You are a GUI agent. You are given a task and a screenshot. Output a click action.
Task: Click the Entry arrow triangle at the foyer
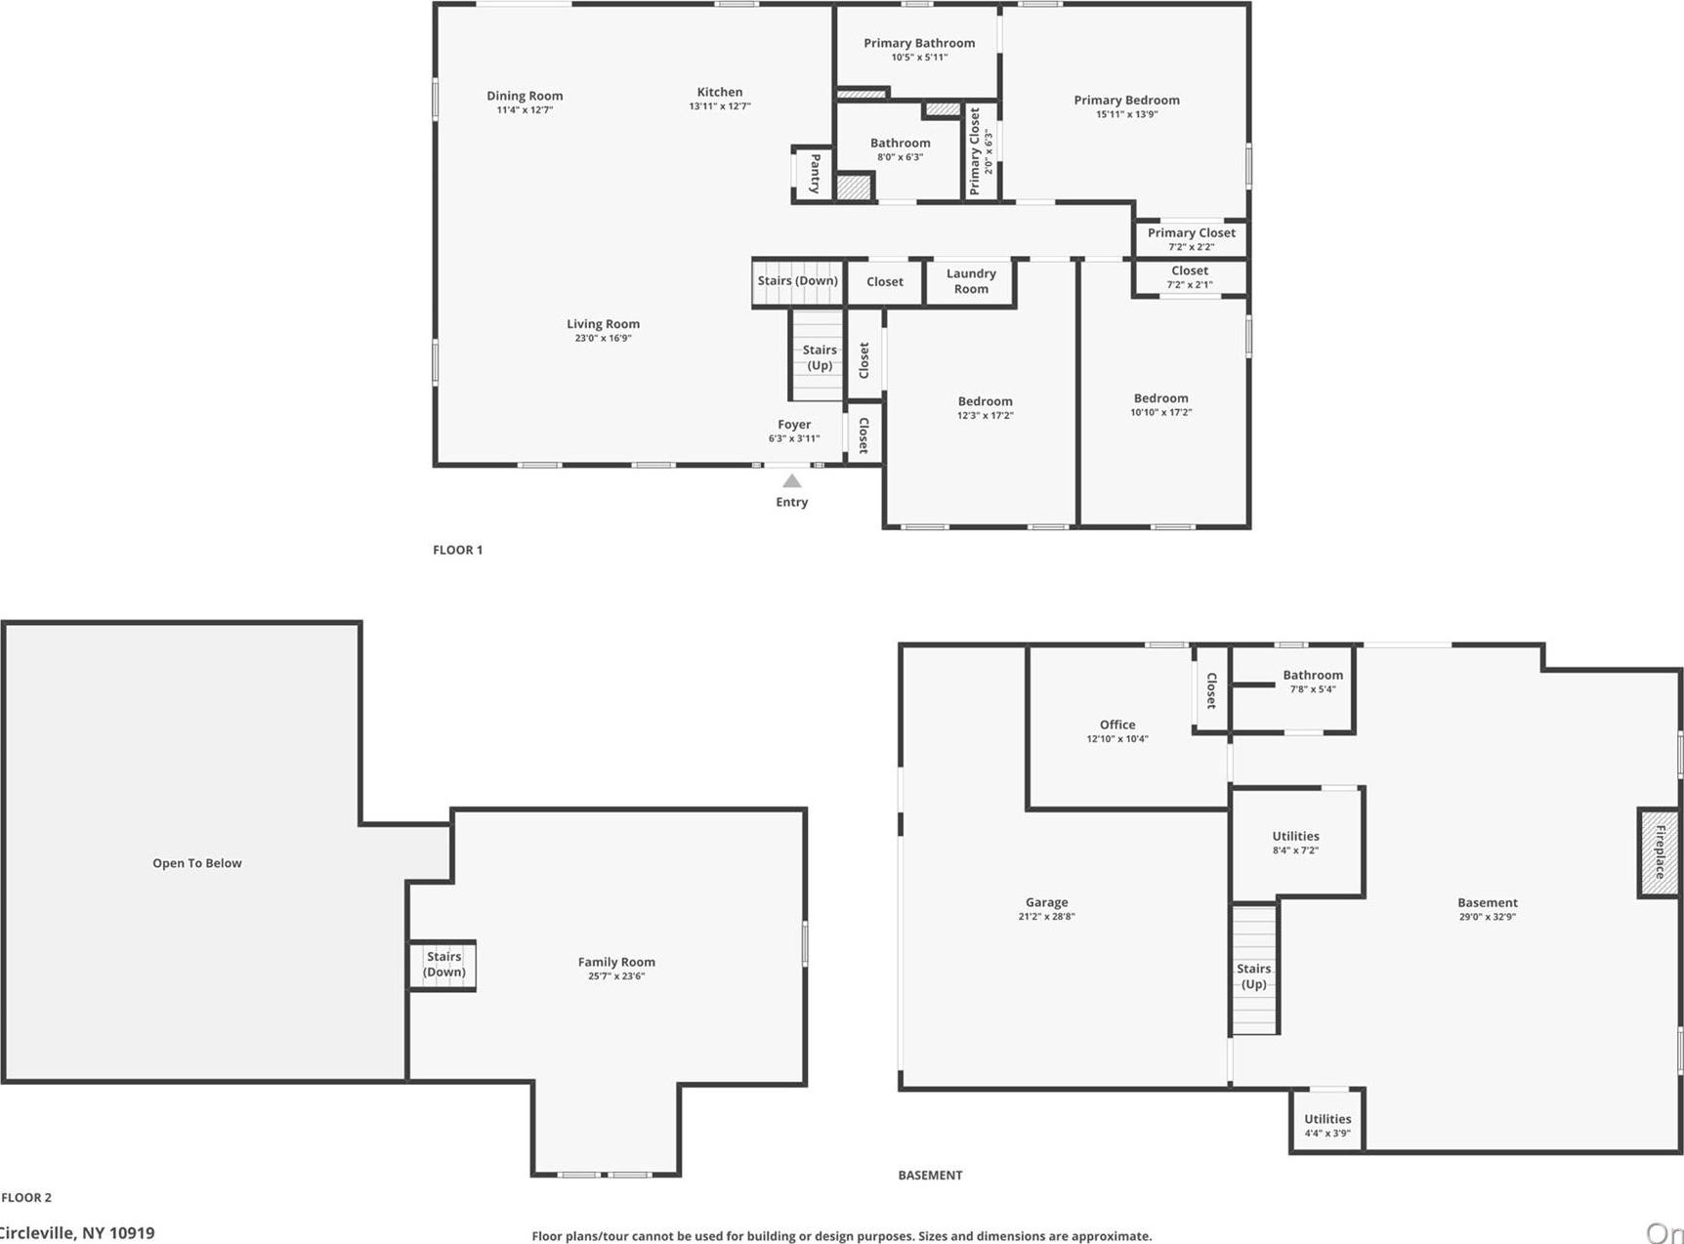tap(792, 481)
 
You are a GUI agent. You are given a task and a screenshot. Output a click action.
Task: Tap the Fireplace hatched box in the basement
tap(1659, 852)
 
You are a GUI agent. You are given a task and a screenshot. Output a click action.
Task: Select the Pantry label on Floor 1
tap(815, 174)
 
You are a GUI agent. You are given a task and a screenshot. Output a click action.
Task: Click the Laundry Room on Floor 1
tap(971, 281)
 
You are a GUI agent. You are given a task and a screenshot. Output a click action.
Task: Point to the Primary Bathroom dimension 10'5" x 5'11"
tap(918, 58)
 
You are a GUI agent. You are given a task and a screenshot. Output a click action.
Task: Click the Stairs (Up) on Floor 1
tap(819, 357)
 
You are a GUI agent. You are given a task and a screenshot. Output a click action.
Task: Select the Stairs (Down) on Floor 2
tap(443, 965)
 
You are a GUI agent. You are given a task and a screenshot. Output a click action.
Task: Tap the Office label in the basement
tap(1116, 725)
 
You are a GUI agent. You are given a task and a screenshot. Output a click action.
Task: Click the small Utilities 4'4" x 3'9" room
tap(1326, 1125)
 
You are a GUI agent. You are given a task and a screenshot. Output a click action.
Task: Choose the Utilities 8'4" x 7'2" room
tap(1295, 842)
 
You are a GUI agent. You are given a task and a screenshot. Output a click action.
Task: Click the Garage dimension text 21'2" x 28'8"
tap(1046, 917)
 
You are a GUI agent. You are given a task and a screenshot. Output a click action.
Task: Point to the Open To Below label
tap(196, 863)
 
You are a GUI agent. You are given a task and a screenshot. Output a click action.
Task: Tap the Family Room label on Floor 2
tap(615, 962)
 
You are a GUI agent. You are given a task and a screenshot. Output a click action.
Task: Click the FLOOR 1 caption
tap(457, 550)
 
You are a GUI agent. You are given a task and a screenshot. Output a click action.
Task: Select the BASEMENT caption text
tap(929, 1175)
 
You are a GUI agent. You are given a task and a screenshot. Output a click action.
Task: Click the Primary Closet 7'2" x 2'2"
tap(1191, 238)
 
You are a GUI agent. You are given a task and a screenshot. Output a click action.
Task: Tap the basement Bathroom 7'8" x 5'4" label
tap(1312, 676)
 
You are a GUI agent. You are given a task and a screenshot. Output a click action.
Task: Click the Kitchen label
tap(719, 92)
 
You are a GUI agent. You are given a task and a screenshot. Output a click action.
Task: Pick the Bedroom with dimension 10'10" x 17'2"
tap(1160, 404)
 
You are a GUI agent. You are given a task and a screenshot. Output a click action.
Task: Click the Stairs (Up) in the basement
tap(1253, 975)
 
